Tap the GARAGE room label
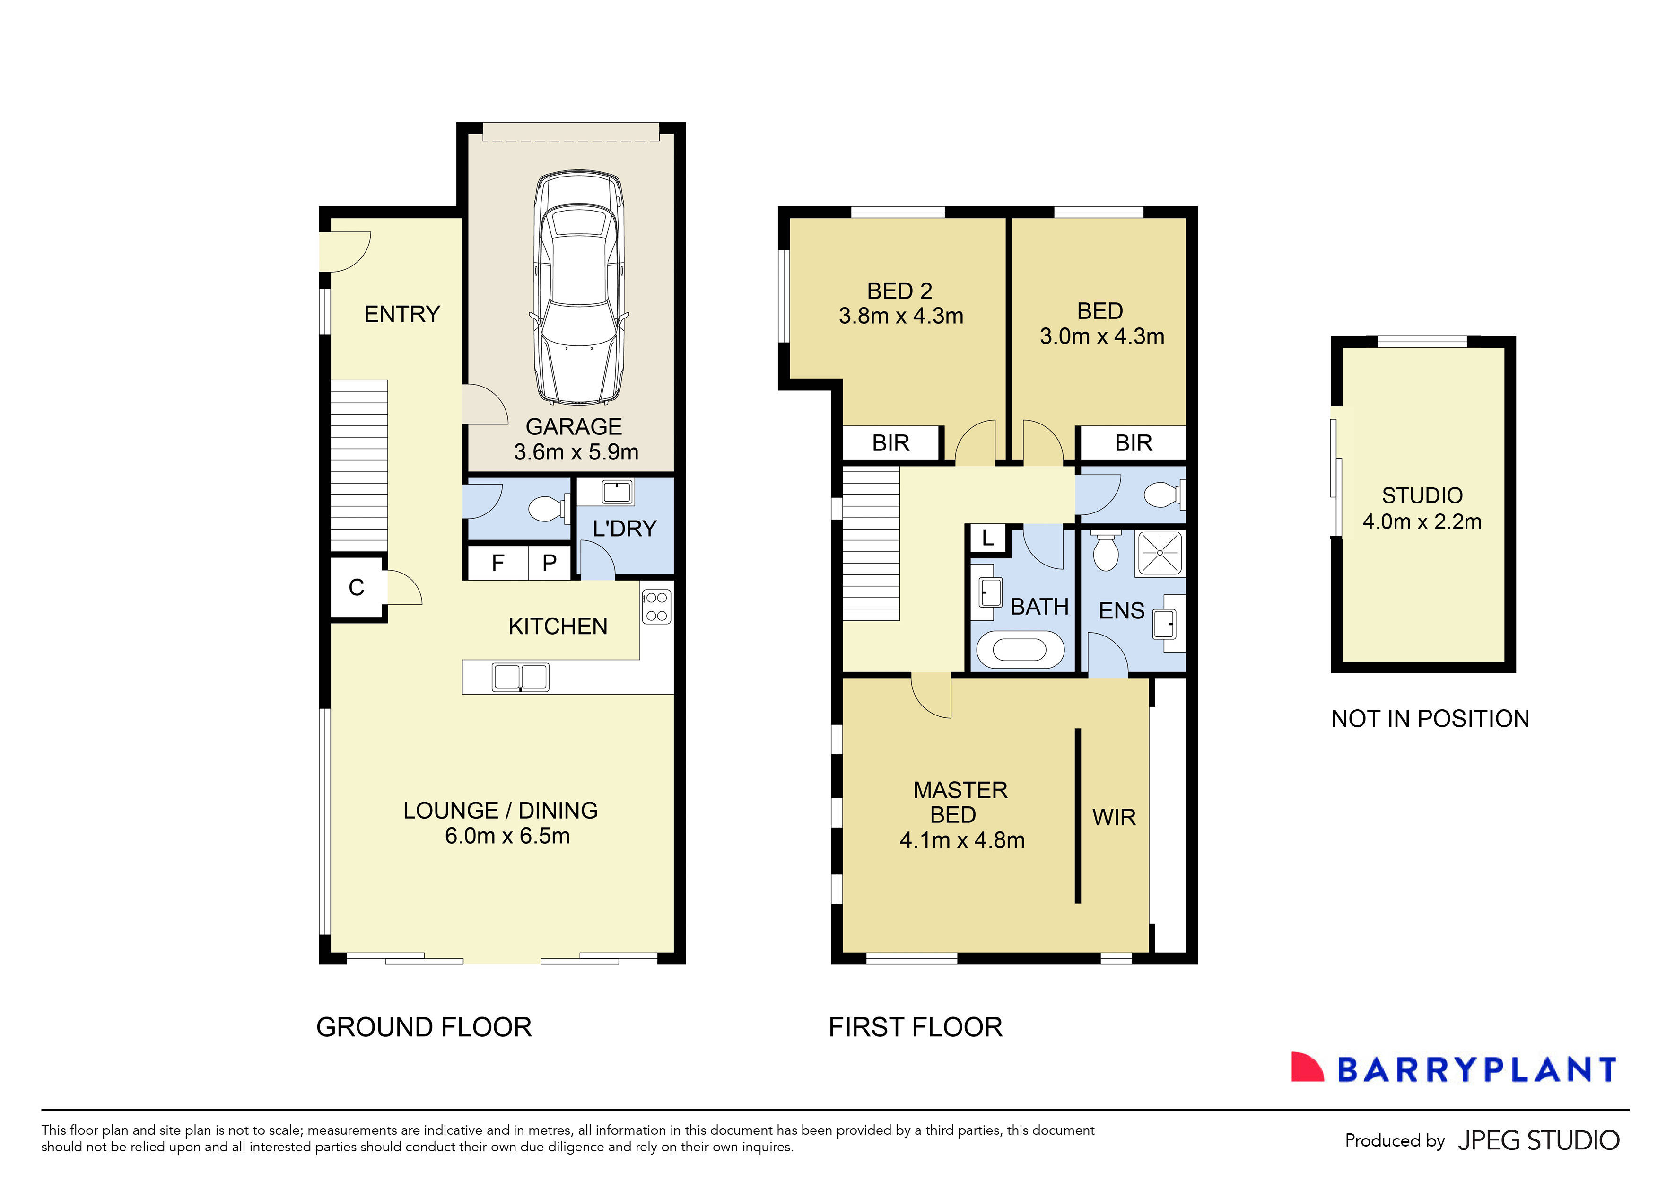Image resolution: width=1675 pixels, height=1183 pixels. click(574, 427)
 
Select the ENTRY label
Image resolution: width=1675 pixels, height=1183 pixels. click(402, 315)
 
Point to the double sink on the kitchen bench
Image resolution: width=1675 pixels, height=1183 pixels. click(520, 677)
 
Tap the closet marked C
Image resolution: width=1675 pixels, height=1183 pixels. click(357, 588)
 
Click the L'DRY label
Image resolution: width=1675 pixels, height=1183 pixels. click(625, 529)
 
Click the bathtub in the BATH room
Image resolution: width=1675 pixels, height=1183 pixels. click(1021, 650)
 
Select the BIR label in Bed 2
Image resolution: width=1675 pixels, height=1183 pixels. click(891, 443)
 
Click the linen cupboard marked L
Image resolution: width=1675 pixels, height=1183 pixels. click(988, 539)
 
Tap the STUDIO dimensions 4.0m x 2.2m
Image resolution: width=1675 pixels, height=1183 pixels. click(1422, 522)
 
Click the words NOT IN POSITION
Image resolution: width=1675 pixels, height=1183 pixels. click(1430, 719)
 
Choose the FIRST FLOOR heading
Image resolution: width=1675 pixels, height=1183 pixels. click(916, 1027)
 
